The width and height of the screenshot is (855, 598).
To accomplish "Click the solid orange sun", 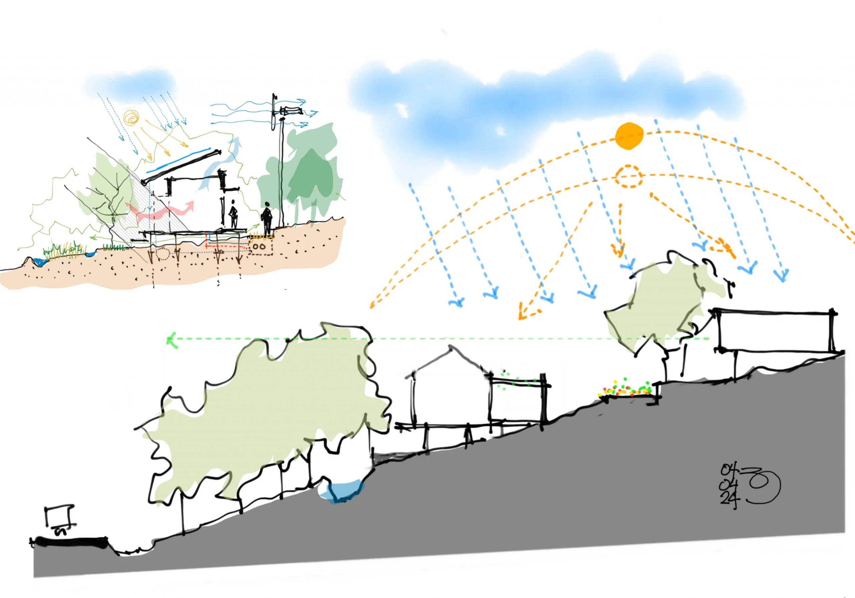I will coord(629,136).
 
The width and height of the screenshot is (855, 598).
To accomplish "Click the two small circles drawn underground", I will coord(260,246).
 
